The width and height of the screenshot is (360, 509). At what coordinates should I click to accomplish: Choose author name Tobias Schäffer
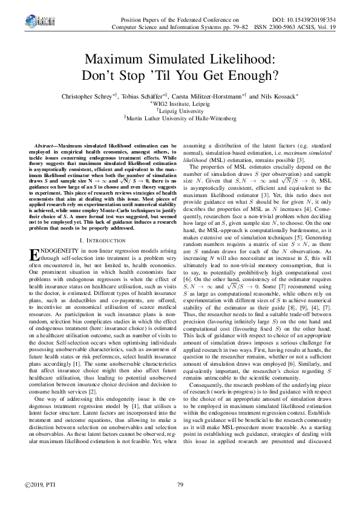144,96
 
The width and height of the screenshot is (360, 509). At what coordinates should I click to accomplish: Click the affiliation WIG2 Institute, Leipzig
181,104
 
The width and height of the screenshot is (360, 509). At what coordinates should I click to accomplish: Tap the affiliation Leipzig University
181,111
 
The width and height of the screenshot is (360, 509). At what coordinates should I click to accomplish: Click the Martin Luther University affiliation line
181,119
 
